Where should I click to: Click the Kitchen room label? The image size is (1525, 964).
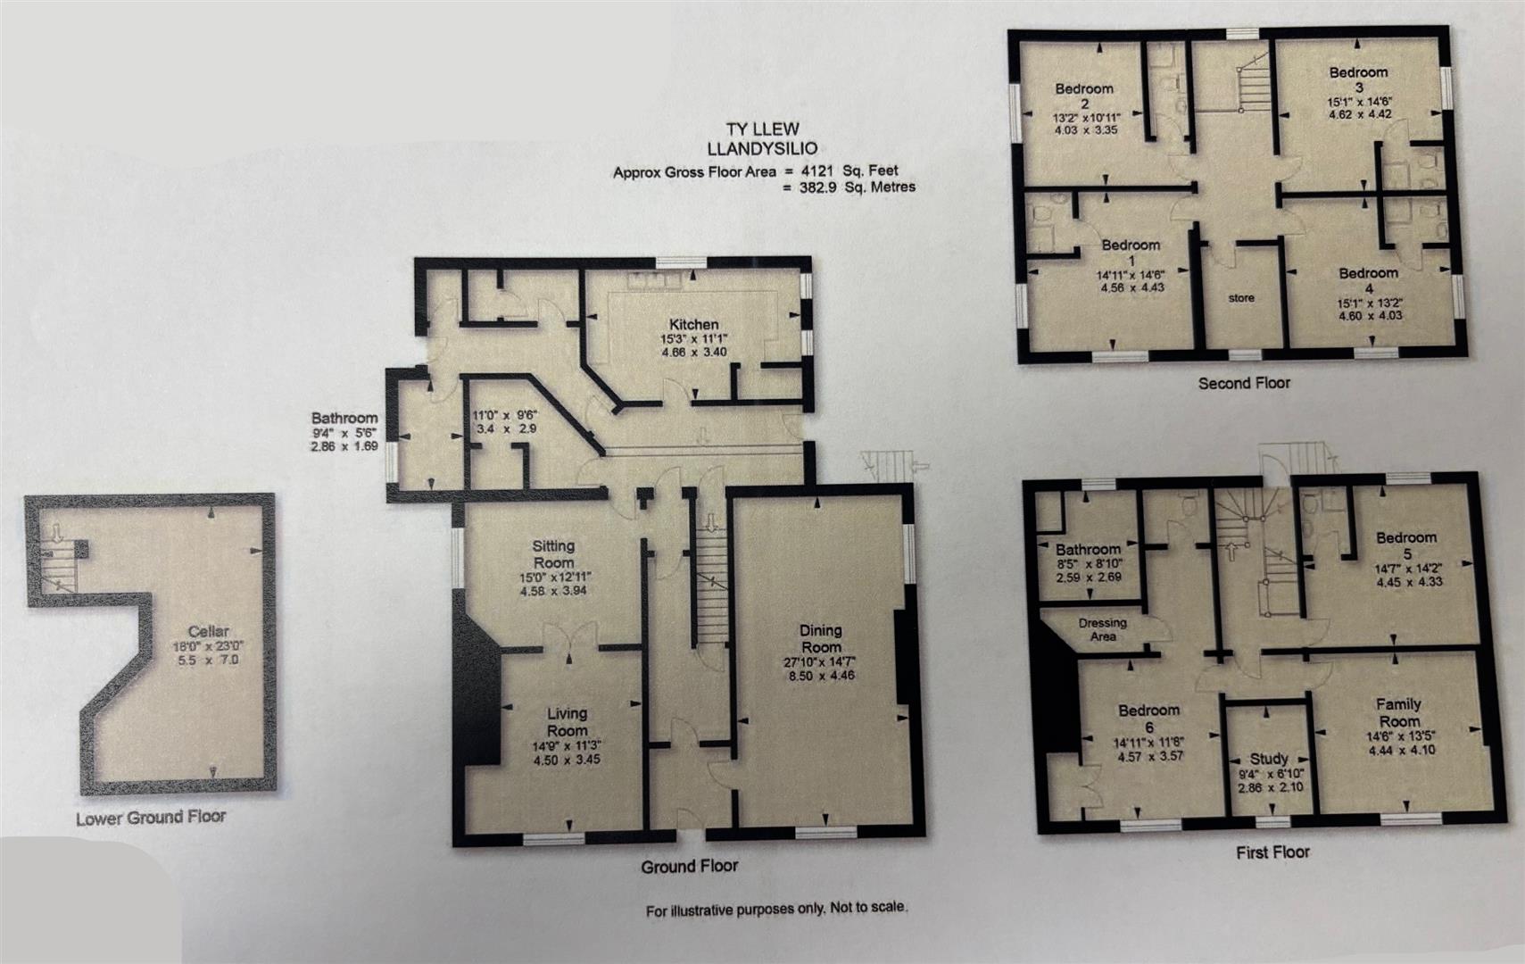[693, 324]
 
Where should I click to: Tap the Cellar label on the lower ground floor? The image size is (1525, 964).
[208, 631]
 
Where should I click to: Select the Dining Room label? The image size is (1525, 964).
[820, 638]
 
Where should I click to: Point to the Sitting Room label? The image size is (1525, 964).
[553, 553]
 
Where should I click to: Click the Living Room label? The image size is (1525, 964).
[567, 721]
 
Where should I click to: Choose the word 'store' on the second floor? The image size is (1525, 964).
[1240, 298]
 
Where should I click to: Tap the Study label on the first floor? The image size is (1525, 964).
[1268, 759]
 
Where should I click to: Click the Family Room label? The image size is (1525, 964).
[1398, 712]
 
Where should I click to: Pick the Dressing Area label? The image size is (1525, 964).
[1102, 629]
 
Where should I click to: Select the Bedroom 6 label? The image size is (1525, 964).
[1149, 719]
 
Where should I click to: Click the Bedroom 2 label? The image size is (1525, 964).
[1084, 96]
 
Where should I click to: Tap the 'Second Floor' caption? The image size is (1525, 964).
[1244, 383]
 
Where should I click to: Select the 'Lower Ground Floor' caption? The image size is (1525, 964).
[151, 818]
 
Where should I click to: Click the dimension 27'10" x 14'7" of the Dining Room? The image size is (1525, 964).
[820, 662]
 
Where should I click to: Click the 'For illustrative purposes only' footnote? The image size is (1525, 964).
[776, 910]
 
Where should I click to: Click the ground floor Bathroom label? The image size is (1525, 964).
[344, 418]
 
